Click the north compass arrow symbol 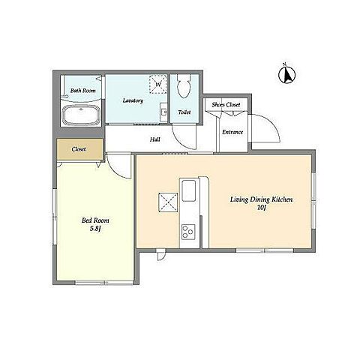tap(287, 74)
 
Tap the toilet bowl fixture tap(184, 85)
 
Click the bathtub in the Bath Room tap(81, 115)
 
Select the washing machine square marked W tap(158, 84)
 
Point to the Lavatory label tap(133, 100)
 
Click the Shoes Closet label tap(226, 104)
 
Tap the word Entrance tap(232, 132)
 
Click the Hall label tap(155, 139)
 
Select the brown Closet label tap(79, 149)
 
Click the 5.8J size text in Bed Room tap(95, 228)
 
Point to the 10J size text tap(261, 207)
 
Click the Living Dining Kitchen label tap(261, 199)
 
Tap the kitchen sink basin tap(189, 190)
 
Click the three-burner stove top tap(188, 232)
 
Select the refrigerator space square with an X tap(168, 202)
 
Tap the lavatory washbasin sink tap(164, 112)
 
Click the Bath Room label tap(83, 91)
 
